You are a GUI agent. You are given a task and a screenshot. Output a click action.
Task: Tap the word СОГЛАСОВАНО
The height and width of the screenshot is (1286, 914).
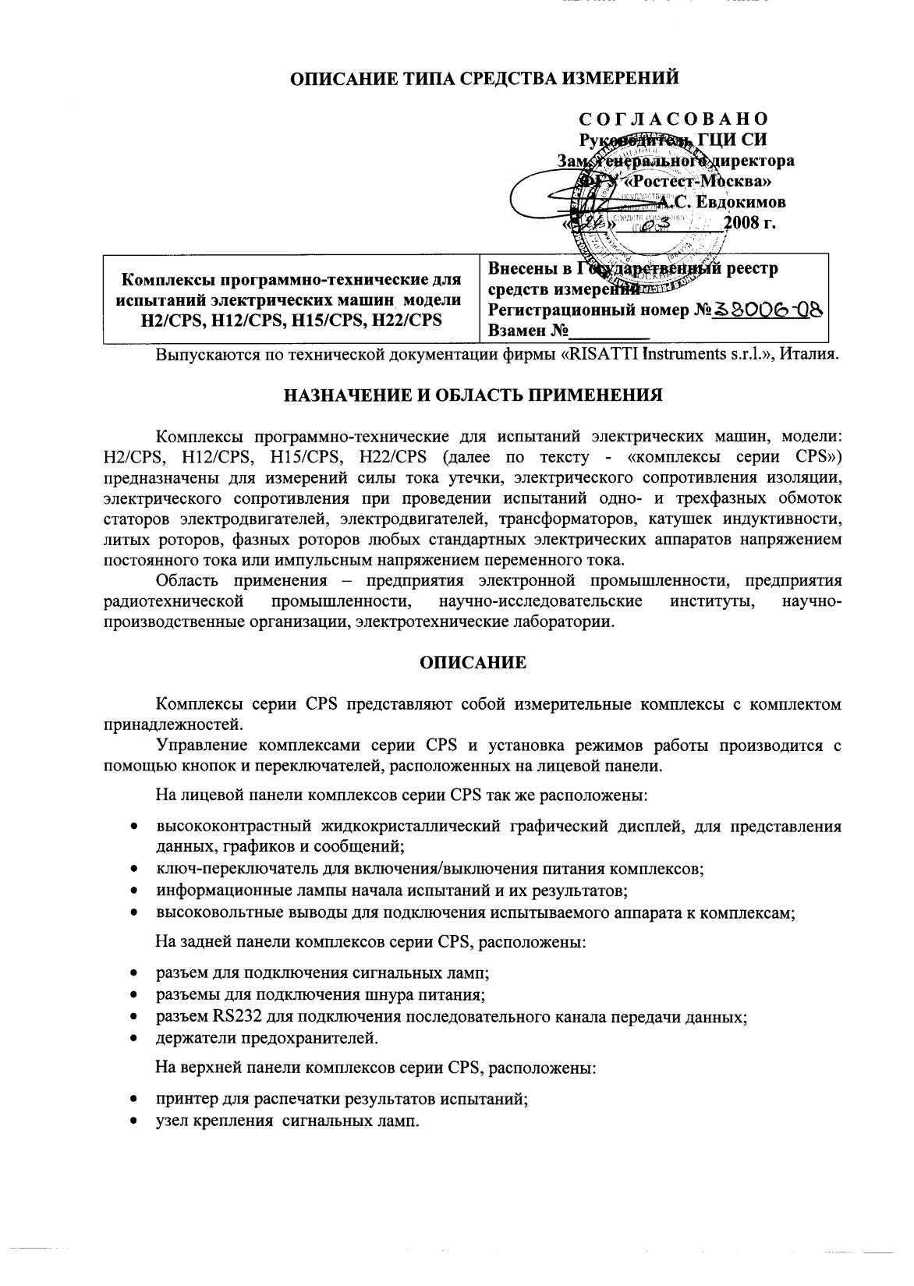[673, 119]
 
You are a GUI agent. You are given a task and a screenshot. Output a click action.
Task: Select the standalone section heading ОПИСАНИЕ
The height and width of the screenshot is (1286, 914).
[473, 662]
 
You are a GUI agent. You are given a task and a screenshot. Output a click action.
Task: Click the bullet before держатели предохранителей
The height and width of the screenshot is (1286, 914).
[136, 1038]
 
